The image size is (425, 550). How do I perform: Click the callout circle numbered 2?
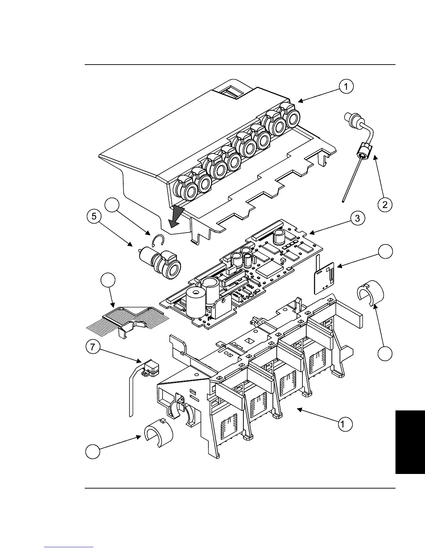tap(385, 205)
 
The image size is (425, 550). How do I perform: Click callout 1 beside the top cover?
tap(346, 86)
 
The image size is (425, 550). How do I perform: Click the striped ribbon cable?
tap(127, 319)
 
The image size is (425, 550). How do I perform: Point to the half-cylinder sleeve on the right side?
tap(370, 294)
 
